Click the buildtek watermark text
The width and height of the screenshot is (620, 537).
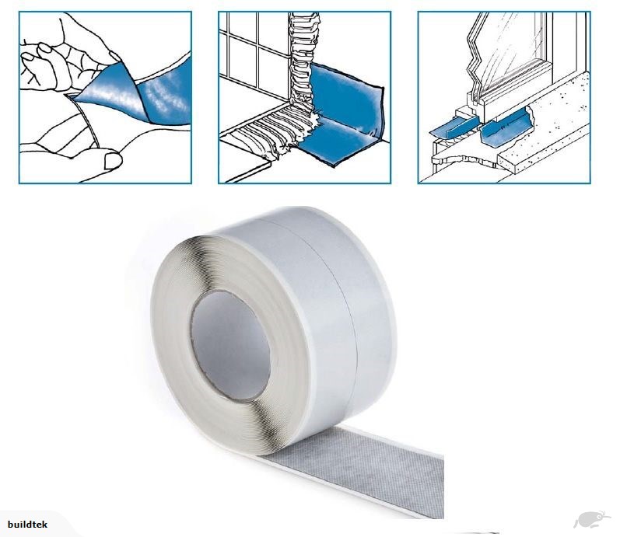(x=27, y=525)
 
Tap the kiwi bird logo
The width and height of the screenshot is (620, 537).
(x=591, y=519)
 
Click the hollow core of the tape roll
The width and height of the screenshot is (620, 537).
(x=231, y=345)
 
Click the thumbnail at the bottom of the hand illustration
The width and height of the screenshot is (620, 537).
(x=113, y=160)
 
